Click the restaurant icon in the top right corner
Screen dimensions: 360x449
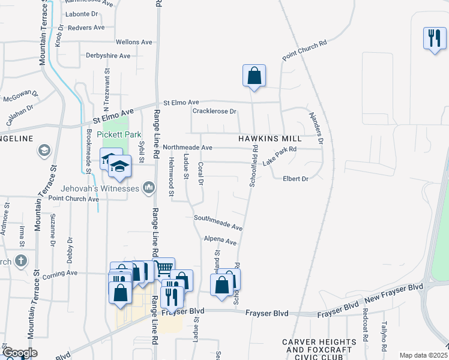point(433,39)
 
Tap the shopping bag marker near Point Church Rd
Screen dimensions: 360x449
point(254,76)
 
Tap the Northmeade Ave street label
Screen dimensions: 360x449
point(187,147)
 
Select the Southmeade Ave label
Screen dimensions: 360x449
point(218,223)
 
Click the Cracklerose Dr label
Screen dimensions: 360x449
point(214,112)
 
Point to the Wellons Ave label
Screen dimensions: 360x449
point(134,43)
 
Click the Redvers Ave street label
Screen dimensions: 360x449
point(86,28)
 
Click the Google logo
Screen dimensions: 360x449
point(19,353)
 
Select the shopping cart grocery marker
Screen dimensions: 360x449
point(164,268)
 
